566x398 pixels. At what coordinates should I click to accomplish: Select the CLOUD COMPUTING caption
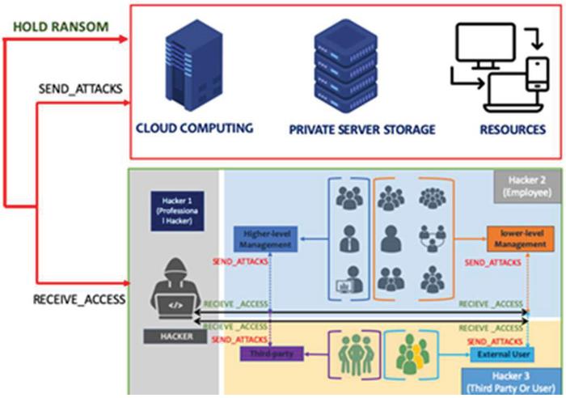(x=195, y=128)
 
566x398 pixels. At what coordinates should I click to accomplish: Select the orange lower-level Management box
(x=515, y=239)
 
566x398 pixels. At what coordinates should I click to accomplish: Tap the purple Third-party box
(x=271, y=354)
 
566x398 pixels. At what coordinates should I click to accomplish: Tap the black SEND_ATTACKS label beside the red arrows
(x=80, y=87)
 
